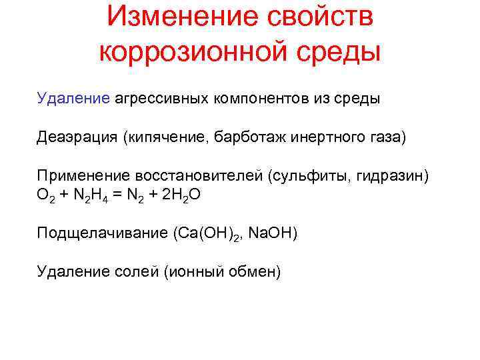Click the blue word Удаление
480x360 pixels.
[x=73, y=99]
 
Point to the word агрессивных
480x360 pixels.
[x=162, y=99]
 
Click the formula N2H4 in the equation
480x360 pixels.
[x=89, y=195]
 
